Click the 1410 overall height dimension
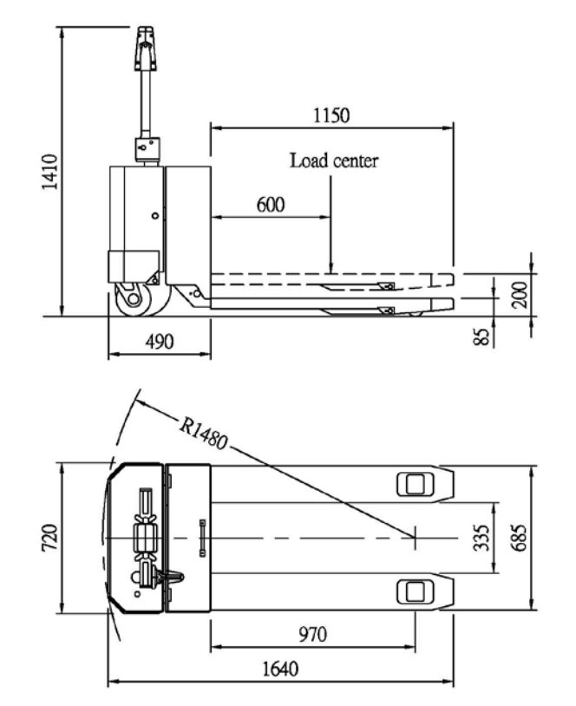[x=50, y=172]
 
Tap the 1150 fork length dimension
[x=331, y=115]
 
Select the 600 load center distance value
[x=271, y=205]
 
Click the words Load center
[x=334, y=160]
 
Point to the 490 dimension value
[x=160, y=342]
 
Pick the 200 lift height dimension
[x=520, y=295]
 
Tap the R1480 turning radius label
[x=204, y=434]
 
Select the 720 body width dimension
[x=49, y=537]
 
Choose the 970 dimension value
[x=313, y=634]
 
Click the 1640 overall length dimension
[x=280, y=669]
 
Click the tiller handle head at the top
[x=146, y=49]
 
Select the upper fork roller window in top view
[x=415, y=485]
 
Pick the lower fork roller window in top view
[x=415, y=592]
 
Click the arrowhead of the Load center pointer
[x=331, y=269]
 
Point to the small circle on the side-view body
[x=155, y=216]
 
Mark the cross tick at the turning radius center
[x=415, y=538]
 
